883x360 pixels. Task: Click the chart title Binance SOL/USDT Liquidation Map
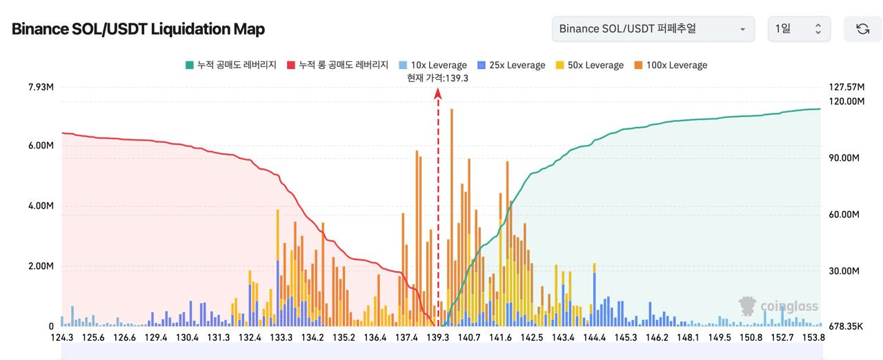(x=138, y=29)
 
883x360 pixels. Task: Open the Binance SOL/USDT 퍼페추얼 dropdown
(x=652, y=29)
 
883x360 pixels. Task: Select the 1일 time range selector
(x=799, y=29)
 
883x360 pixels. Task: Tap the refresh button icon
(x=862, y=29)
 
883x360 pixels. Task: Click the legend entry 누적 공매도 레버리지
(x=231, y=65)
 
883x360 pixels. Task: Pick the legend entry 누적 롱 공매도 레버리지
(x=338, y=65)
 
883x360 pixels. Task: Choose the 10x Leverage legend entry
(x=434, y=65)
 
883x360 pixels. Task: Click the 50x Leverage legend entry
(x=590, y=65)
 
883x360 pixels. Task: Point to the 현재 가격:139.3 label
(x=438, y=78)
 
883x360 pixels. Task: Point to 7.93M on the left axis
(x=41, y=87)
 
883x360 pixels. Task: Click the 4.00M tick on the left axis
(x=41, y=206)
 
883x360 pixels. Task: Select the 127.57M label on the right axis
(x=845, y=87)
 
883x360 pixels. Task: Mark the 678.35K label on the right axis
(x=843, y=326)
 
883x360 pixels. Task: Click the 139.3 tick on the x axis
(x=437, y=337)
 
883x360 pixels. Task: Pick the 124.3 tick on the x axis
(x=62, y=337)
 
